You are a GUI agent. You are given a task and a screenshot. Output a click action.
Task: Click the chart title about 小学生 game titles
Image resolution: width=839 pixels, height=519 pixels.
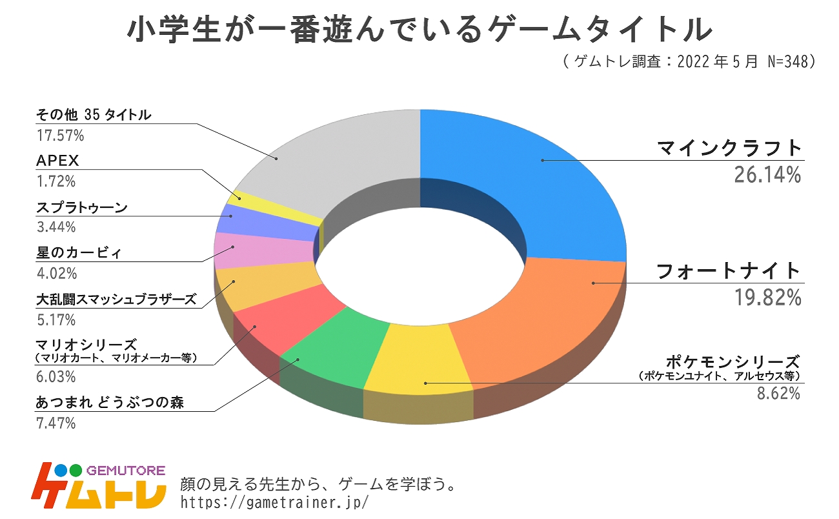419,30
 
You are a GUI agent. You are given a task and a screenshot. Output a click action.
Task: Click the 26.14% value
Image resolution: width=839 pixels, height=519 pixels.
767,174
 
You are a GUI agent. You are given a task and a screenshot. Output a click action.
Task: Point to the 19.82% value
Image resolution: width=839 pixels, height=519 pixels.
767,297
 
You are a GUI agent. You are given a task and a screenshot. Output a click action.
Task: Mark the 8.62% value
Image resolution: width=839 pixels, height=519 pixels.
778,392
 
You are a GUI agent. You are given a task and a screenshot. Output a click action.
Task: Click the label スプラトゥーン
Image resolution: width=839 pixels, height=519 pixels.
81,208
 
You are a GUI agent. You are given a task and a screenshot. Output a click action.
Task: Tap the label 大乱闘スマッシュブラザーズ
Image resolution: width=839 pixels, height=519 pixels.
116,300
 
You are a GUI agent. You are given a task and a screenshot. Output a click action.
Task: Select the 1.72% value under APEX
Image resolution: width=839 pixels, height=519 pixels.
56,180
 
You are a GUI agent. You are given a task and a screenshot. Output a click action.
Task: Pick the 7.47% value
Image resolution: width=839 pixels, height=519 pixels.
56,423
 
